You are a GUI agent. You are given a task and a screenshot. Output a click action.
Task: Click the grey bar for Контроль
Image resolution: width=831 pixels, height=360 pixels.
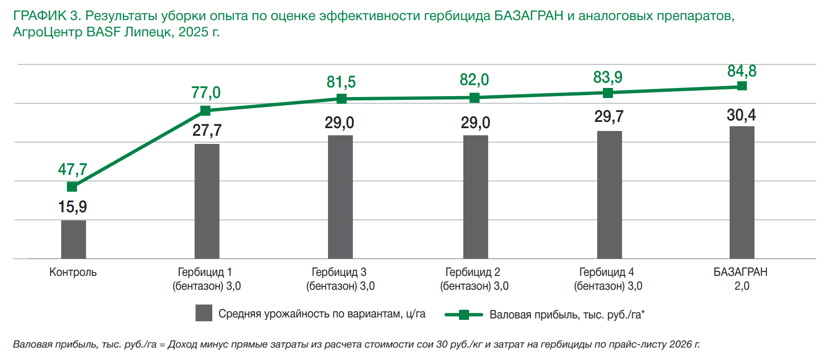click(74, 239)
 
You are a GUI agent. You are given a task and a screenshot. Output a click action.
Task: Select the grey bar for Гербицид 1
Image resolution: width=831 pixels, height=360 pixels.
click(207, 201)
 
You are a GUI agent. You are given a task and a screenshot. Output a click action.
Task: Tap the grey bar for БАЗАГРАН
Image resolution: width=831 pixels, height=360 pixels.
click(742, 192)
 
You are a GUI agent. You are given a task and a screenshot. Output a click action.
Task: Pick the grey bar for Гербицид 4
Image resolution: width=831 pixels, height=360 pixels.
click(609, 195)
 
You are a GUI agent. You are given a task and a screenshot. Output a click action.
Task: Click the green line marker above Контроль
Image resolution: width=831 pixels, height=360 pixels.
click(72, 186)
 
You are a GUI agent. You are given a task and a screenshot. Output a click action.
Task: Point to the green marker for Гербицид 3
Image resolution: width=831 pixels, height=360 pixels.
click(341, 99)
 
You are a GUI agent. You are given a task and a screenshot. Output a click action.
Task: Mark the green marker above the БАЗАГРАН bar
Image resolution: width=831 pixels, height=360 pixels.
click(742, 86)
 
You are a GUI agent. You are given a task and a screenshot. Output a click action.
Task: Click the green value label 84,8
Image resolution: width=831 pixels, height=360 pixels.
click(742, 71)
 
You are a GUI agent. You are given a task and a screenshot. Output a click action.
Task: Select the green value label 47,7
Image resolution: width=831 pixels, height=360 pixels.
click(73, 169)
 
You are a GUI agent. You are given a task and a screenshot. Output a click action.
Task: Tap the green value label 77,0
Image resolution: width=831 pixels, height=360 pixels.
click(206, 92)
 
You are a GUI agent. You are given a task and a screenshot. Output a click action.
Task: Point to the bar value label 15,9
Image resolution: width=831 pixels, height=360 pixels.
click(73, 207)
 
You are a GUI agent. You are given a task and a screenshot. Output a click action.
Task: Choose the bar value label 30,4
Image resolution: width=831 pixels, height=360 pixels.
click(741, 115)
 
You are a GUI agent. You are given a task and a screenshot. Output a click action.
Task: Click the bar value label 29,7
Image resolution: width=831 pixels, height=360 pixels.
click(609, 117)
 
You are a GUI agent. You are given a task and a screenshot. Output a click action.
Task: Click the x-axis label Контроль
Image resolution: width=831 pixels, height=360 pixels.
click(73, 272)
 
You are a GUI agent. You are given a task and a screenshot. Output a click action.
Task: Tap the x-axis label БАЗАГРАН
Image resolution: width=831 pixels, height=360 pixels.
click(741, 272)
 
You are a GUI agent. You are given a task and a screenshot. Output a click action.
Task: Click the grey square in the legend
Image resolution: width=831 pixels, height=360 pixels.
click(204, 313)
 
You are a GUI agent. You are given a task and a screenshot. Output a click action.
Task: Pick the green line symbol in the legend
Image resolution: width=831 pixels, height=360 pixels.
click(463, 315)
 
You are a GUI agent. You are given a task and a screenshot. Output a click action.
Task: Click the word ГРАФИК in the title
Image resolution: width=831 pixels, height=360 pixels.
click(40, 16)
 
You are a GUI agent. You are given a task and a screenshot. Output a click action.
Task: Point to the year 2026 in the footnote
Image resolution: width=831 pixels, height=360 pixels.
click(679, 344)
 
